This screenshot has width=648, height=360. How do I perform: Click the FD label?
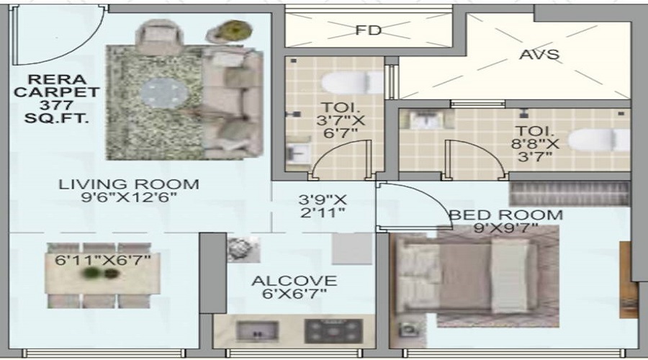368,30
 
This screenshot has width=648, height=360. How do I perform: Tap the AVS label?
539,55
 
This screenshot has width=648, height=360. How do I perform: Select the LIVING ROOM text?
129,184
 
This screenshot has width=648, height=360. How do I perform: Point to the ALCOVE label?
294,281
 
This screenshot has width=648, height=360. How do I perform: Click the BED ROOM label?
506,215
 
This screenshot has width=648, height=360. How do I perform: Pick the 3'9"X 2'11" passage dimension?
323,206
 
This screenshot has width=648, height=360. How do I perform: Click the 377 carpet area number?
56,105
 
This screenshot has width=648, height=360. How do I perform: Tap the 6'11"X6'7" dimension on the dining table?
102,261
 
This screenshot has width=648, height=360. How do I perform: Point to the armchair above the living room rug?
158,32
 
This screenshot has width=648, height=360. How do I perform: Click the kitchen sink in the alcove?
257,331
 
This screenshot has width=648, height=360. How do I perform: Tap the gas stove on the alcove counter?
333,331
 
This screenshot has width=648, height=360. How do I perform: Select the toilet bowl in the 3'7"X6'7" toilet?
352,83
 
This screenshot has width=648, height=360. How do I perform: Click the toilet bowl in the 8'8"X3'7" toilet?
599,140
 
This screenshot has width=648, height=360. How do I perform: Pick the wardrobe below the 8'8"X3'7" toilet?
570,194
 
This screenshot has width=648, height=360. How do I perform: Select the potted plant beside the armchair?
230,32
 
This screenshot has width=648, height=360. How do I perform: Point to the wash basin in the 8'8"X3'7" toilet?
426,120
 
